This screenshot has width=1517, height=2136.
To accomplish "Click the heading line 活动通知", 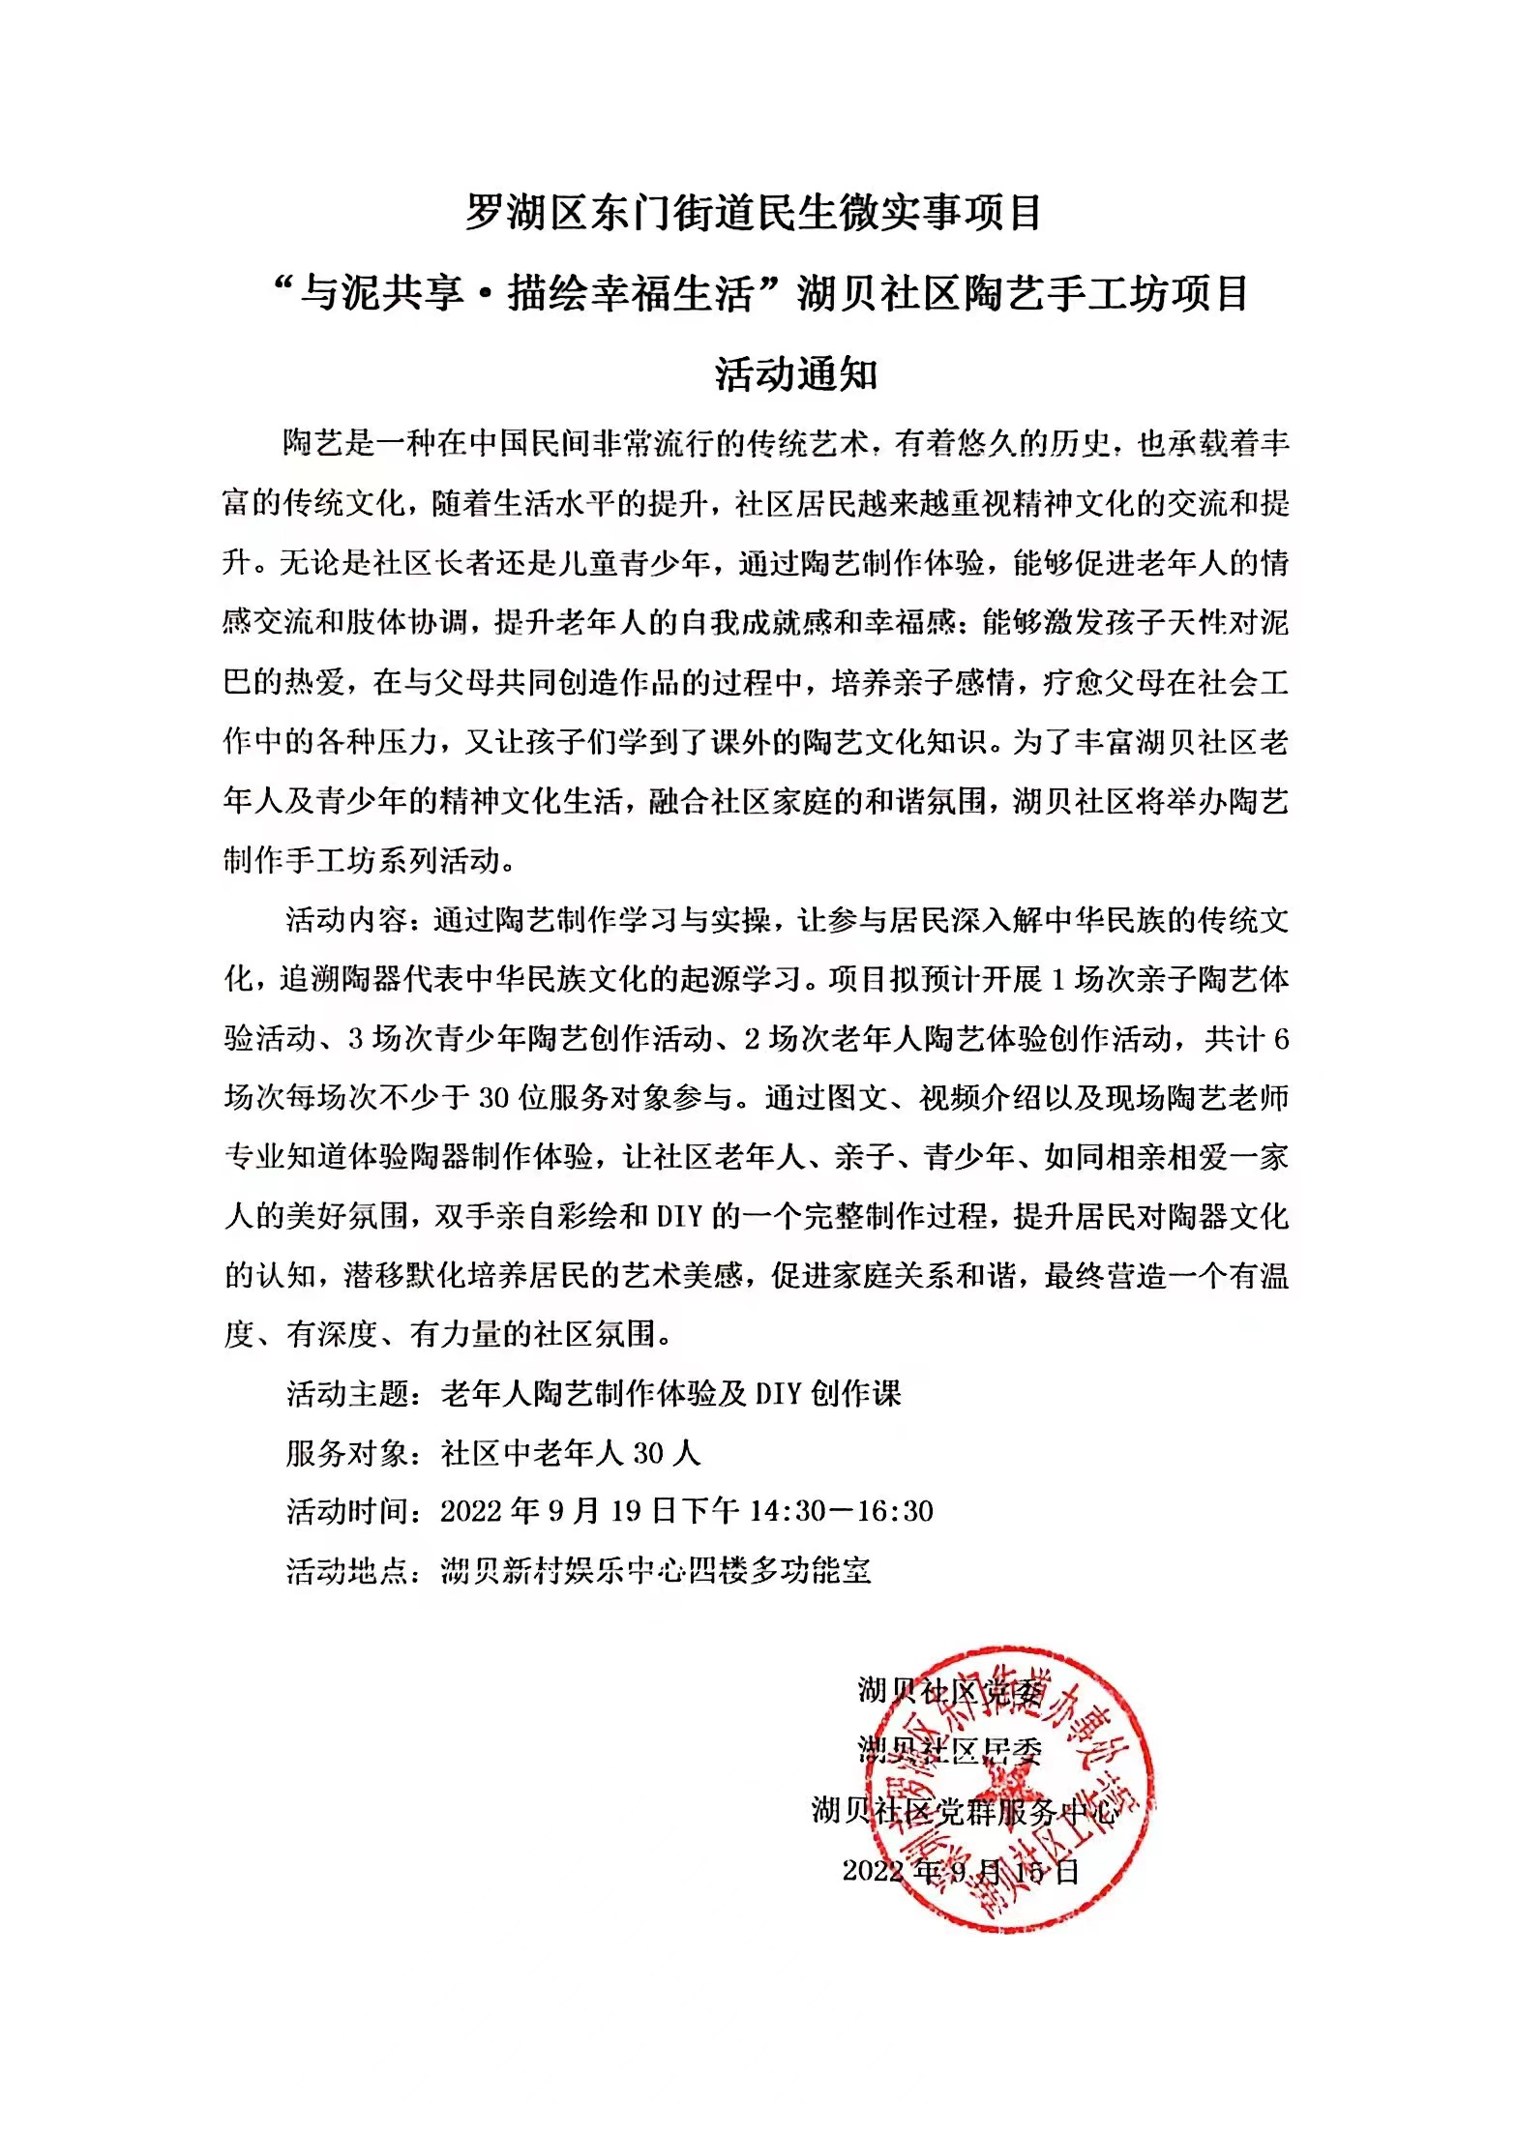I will click(x=795, y=374).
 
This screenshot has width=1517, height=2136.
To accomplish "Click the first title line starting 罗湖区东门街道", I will click(x=754, y=213).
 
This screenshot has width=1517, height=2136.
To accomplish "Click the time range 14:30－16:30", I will click(x=841, y=1511).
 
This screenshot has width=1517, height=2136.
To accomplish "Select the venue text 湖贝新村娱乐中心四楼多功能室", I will click(x=655, y=1570).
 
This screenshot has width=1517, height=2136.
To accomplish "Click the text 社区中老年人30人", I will click(x=570, y=1453).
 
